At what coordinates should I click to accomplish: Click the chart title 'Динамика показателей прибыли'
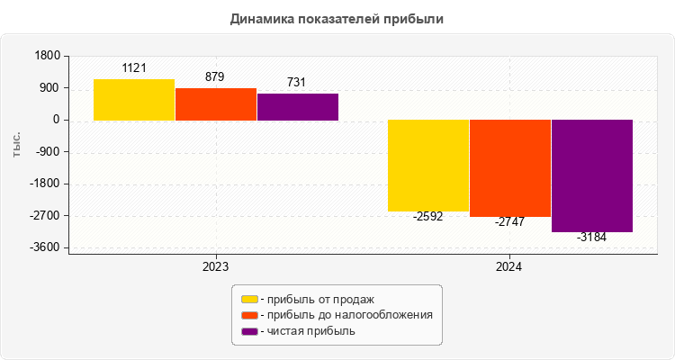pos(337,18)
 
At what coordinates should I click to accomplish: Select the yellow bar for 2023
pos(134,100)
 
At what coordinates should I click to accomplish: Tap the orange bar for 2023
pos(216,104)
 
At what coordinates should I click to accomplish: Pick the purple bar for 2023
pos(298,107)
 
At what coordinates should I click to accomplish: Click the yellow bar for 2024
pos(428,166)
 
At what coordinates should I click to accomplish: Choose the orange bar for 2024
pos(510,168)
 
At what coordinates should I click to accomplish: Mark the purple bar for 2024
pos(592,176)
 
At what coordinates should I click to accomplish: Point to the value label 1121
pos(134,68)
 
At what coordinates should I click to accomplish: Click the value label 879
pos(215,77)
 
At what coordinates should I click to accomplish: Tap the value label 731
pos(296,83)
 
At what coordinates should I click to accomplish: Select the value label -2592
pos(428,217)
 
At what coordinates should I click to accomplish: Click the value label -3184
pos(591,238)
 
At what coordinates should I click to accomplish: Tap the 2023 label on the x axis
pos(215,267)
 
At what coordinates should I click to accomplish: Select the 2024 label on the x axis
pos(509,267)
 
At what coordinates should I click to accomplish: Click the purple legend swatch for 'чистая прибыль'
pos(249,331)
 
